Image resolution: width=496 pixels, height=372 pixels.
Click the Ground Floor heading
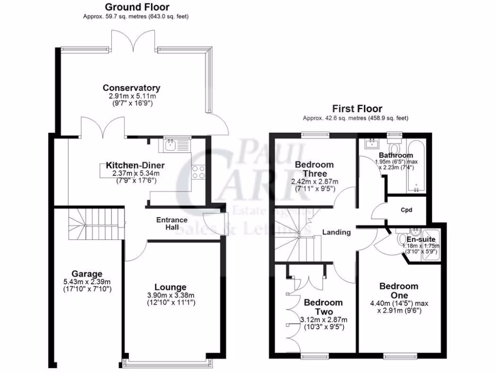click(137, 7)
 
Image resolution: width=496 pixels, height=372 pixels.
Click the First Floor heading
click(357, 109)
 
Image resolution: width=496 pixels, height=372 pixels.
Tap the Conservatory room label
click(131, 88)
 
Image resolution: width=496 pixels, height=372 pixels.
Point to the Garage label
click(87, 274)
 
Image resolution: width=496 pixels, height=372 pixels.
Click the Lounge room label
click(170, 287)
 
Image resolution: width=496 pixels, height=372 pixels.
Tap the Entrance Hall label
click(171, 223)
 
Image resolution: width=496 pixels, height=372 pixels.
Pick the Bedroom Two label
click(323, 307)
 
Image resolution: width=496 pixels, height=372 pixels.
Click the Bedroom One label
click(399, 291)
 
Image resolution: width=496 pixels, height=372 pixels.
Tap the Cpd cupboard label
click(406, 211)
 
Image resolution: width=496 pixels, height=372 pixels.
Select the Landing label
click(337, 232)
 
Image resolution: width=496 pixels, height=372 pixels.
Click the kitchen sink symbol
click(171, 144)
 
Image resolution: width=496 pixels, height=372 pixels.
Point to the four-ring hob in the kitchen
click(199, 172)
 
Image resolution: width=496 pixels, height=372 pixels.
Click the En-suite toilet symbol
click(402, 240)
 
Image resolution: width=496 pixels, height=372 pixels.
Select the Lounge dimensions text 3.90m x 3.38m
click(170, 296)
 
